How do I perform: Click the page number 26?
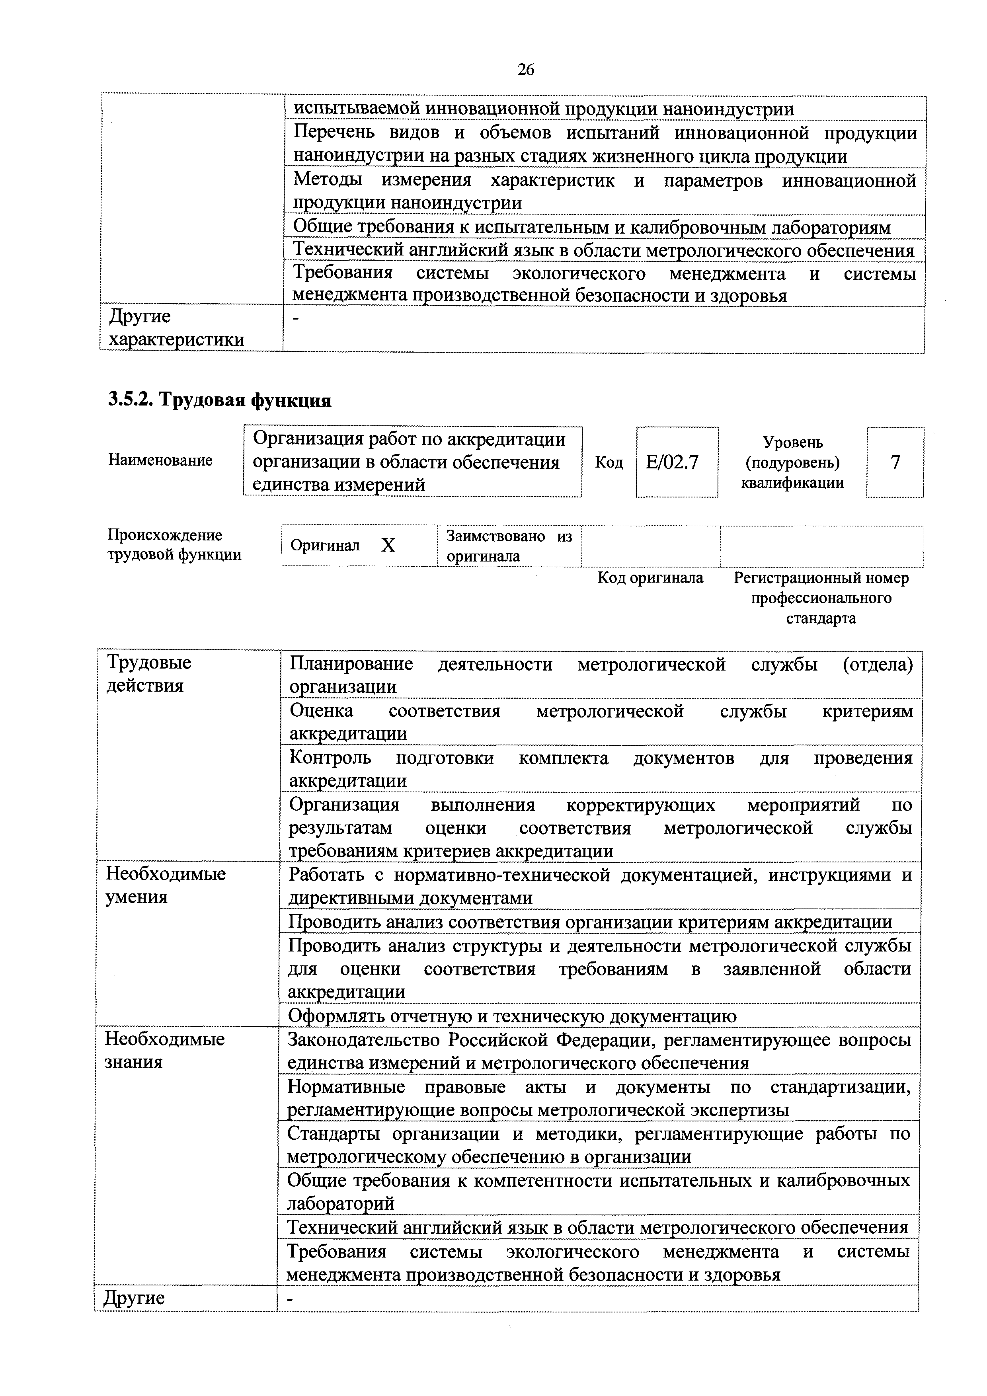tap(525, 70)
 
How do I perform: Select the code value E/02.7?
tap(671, 463)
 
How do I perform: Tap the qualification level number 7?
tap(895, 463)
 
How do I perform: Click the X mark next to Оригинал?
tap(388, 546)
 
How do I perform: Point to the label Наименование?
tap(160, 460)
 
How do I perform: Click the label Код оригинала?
tap(650, 577)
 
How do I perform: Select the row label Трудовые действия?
tap(149, 674)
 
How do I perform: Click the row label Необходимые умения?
tap(166, 885)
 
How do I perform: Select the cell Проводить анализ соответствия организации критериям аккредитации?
tap(589, 922)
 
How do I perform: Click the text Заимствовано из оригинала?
tap(509, 546)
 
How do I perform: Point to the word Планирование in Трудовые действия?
tap(351, 664)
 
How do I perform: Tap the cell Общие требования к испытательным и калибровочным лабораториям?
tap(591, 227)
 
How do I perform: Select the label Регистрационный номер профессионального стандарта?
tap(821, 598)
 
